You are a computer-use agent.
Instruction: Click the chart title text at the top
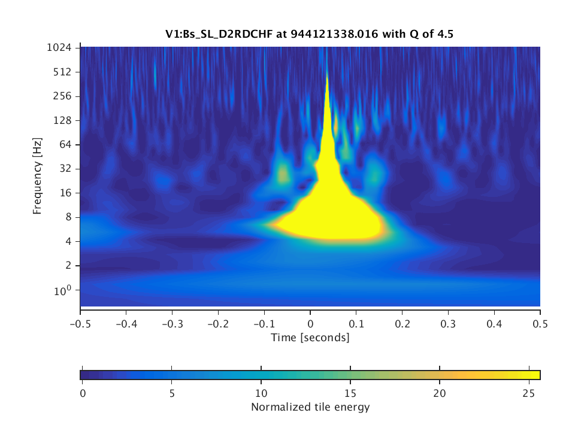click(x=310, y=34)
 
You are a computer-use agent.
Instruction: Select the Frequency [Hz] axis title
click(x=38, y=176)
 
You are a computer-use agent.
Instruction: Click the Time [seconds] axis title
click(x=310, y=338)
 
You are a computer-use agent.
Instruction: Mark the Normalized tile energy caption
click(x=310, y=408)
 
